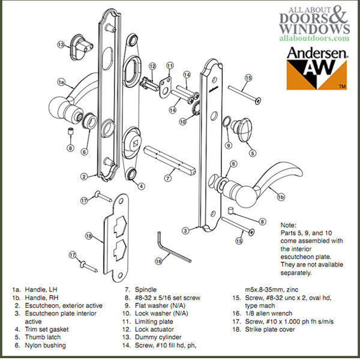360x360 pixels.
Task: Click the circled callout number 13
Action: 61,44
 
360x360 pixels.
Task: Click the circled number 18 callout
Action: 89,236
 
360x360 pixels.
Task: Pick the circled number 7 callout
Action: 170,178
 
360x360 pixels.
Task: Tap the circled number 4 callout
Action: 141,185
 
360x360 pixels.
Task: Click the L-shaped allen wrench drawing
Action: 172,246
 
